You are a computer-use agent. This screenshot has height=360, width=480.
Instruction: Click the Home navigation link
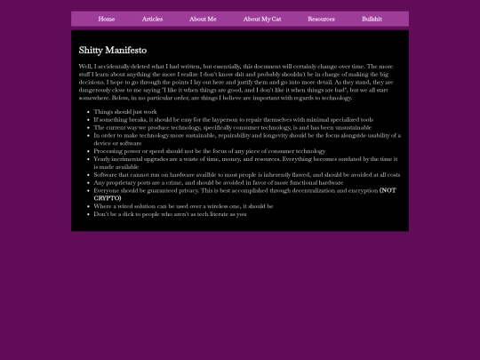click(x=107, y=19)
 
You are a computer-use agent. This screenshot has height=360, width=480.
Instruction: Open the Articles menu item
click(x=152, y=19)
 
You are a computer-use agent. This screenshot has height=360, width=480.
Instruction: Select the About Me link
click(x=203, y=19)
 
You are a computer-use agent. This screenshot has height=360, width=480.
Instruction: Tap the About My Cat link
click(x=262, y=19)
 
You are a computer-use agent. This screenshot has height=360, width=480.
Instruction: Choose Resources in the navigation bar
click(x=321, y=19)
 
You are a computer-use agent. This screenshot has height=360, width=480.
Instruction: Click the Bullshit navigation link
click(x=372, y=19)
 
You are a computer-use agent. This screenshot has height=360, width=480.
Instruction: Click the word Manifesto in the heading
click(x=125, y=50)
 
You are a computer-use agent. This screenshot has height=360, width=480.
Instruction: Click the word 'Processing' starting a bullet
click(x=110, y=151)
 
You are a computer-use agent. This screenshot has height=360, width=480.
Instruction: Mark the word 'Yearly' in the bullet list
click(x=103, y=159)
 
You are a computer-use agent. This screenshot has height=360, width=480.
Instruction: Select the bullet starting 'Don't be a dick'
click(x=169, y=213)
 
